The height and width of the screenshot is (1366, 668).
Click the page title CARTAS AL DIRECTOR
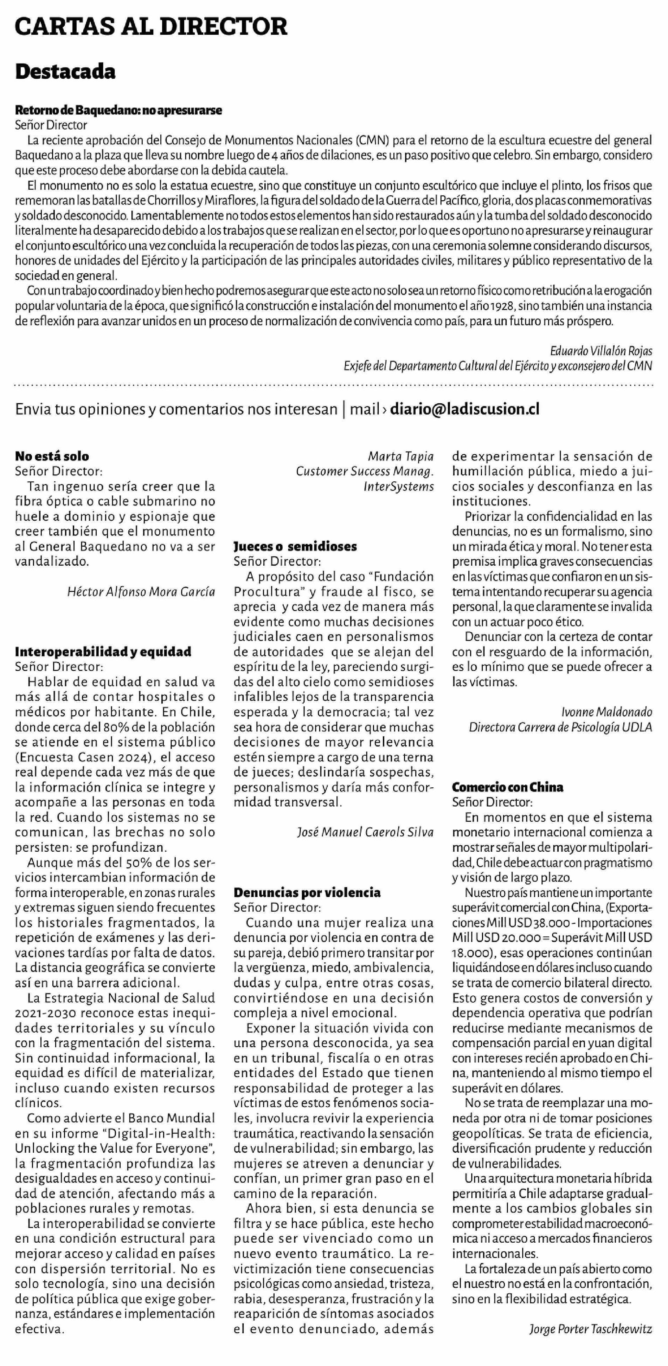pyautogui.click(x=151, y=26)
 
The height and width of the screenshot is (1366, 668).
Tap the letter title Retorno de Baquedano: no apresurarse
pyautogui.click(x=118, y=110)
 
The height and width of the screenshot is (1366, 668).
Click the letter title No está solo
pyautogui.click(x=52, y=456)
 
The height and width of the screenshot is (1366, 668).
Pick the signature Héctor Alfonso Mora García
pyautogui.click(x=141, y=592)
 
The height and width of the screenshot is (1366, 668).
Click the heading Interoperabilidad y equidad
pyautogui.click(x=103, y=652)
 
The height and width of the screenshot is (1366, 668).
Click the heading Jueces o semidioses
pyautogui.click(x=295, y=546)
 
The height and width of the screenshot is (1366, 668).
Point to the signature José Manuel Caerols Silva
pyautogui.click(x=365, y=832)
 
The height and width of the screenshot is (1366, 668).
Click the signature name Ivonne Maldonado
pyautogui.click(x=606, y=712)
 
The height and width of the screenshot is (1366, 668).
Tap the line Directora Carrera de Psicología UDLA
pyautogui.click(x=560, y=727)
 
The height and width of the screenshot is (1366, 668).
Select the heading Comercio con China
pyautogui.click(x=507, y=787)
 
